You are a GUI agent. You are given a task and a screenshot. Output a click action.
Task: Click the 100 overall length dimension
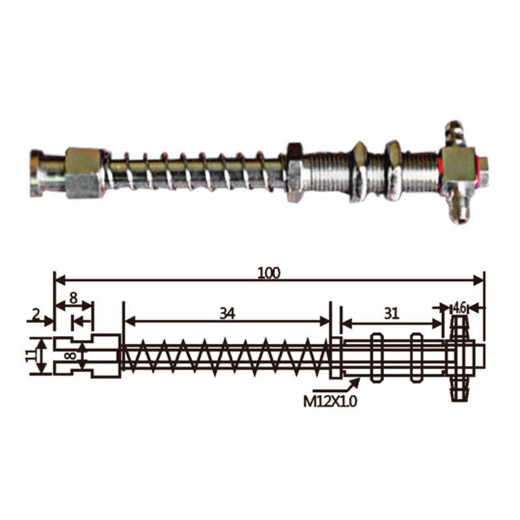[x=269, y=273]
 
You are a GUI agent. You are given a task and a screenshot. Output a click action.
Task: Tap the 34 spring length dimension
[x=227, y=313]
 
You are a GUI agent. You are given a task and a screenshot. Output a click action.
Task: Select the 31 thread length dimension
[x=392, y=313]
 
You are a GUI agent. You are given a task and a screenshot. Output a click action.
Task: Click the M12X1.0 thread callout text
[x=330, y=402]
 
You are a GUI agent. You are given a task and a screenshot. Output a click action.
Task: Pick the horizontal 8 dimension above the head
[x=73, y=298]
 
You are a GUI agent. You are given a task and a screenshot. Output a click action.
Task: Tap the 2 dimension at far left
[x=36, y=314]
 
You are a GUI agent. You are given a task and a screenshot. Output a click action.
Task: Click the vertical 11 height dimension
[x=31, y=356]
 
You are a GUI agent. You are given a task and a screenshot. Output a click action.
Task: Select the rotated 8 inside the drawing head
[x=70, y=356]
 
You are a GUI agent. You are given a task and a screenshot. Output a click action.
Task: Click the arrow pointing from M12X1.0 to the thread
[x=337, y=386]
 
